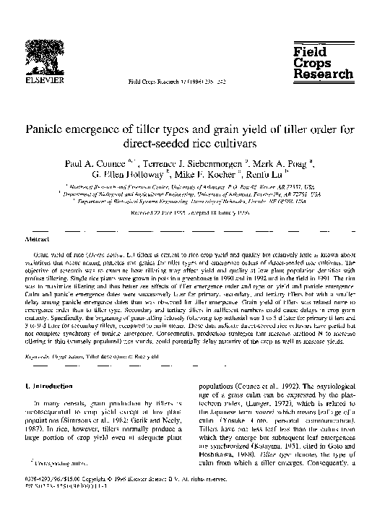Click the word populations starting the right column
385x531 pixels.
pos(219,387)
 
